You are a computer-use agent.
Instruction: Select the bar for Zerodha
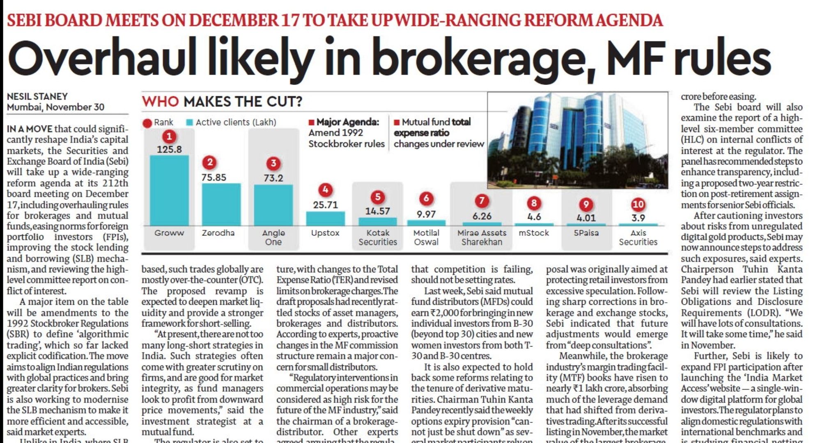click(x=221, y=204)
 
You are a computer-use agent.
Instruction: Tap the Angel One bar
click(x=273, y=205)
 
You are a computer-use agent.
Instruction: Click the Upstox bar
click(x=325, y=218)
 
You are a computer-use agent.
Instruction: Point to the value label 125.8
click(x=169, y=149)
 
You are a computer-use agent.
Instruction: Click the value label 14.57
click(x=377, y=211)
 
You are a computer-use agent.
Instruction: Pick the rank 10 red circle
click(x=638, y=204)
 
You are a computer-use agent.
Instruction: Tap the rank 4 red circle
click(x=325, y=190)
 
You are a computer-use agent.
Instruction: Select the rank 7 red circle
click(x=482, y=201)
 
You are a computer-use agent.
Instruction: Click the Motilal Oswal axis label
click(x=426, y=237)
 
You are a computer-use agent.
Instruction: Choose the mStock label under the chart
click(x=534, y=233)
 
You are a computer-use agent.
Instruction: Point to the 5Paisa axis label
click(x=586, y=233)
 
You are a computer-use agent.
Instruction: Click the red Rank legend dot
click(x=147, y=123)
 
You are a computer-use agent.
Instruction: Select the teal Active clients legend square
click(x=189, y=123)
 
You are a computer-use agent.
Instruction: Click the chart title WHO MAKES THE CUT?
click(x=222, y=101)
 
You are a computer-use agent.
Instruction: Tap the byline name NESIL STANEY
click(x=37, y=96)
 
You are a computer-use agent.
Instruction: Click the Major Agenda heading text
click(x=347, y=122)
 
